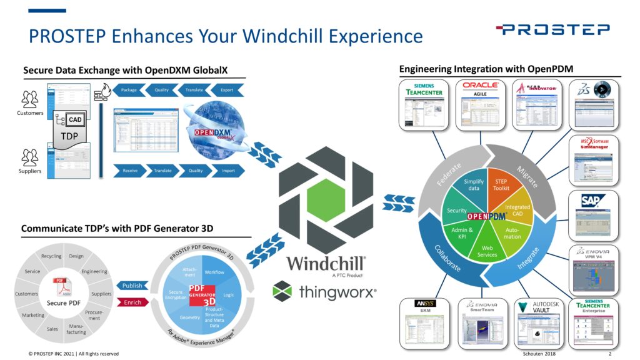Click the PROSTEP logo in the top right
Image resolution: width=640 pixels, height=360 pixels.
click(552, 29)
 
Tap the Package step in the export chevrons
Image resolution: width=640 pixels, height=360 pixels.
click(129, 90)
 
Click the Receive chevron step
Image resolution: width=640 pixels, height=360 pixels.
click(130, 169)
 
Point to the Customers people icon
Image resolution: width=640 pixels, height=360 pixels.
click(29, 99)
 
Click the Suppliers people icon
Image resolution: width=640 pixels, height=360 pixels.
click(29, 156)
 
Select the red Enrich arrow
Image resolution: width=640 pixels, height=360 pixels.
click(132, 302)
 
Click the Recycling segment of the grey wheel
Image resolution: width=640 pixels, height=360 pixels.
click(51, 256)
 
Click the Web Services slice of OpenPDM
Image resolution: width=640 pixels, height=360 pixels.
click(488, 250)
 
